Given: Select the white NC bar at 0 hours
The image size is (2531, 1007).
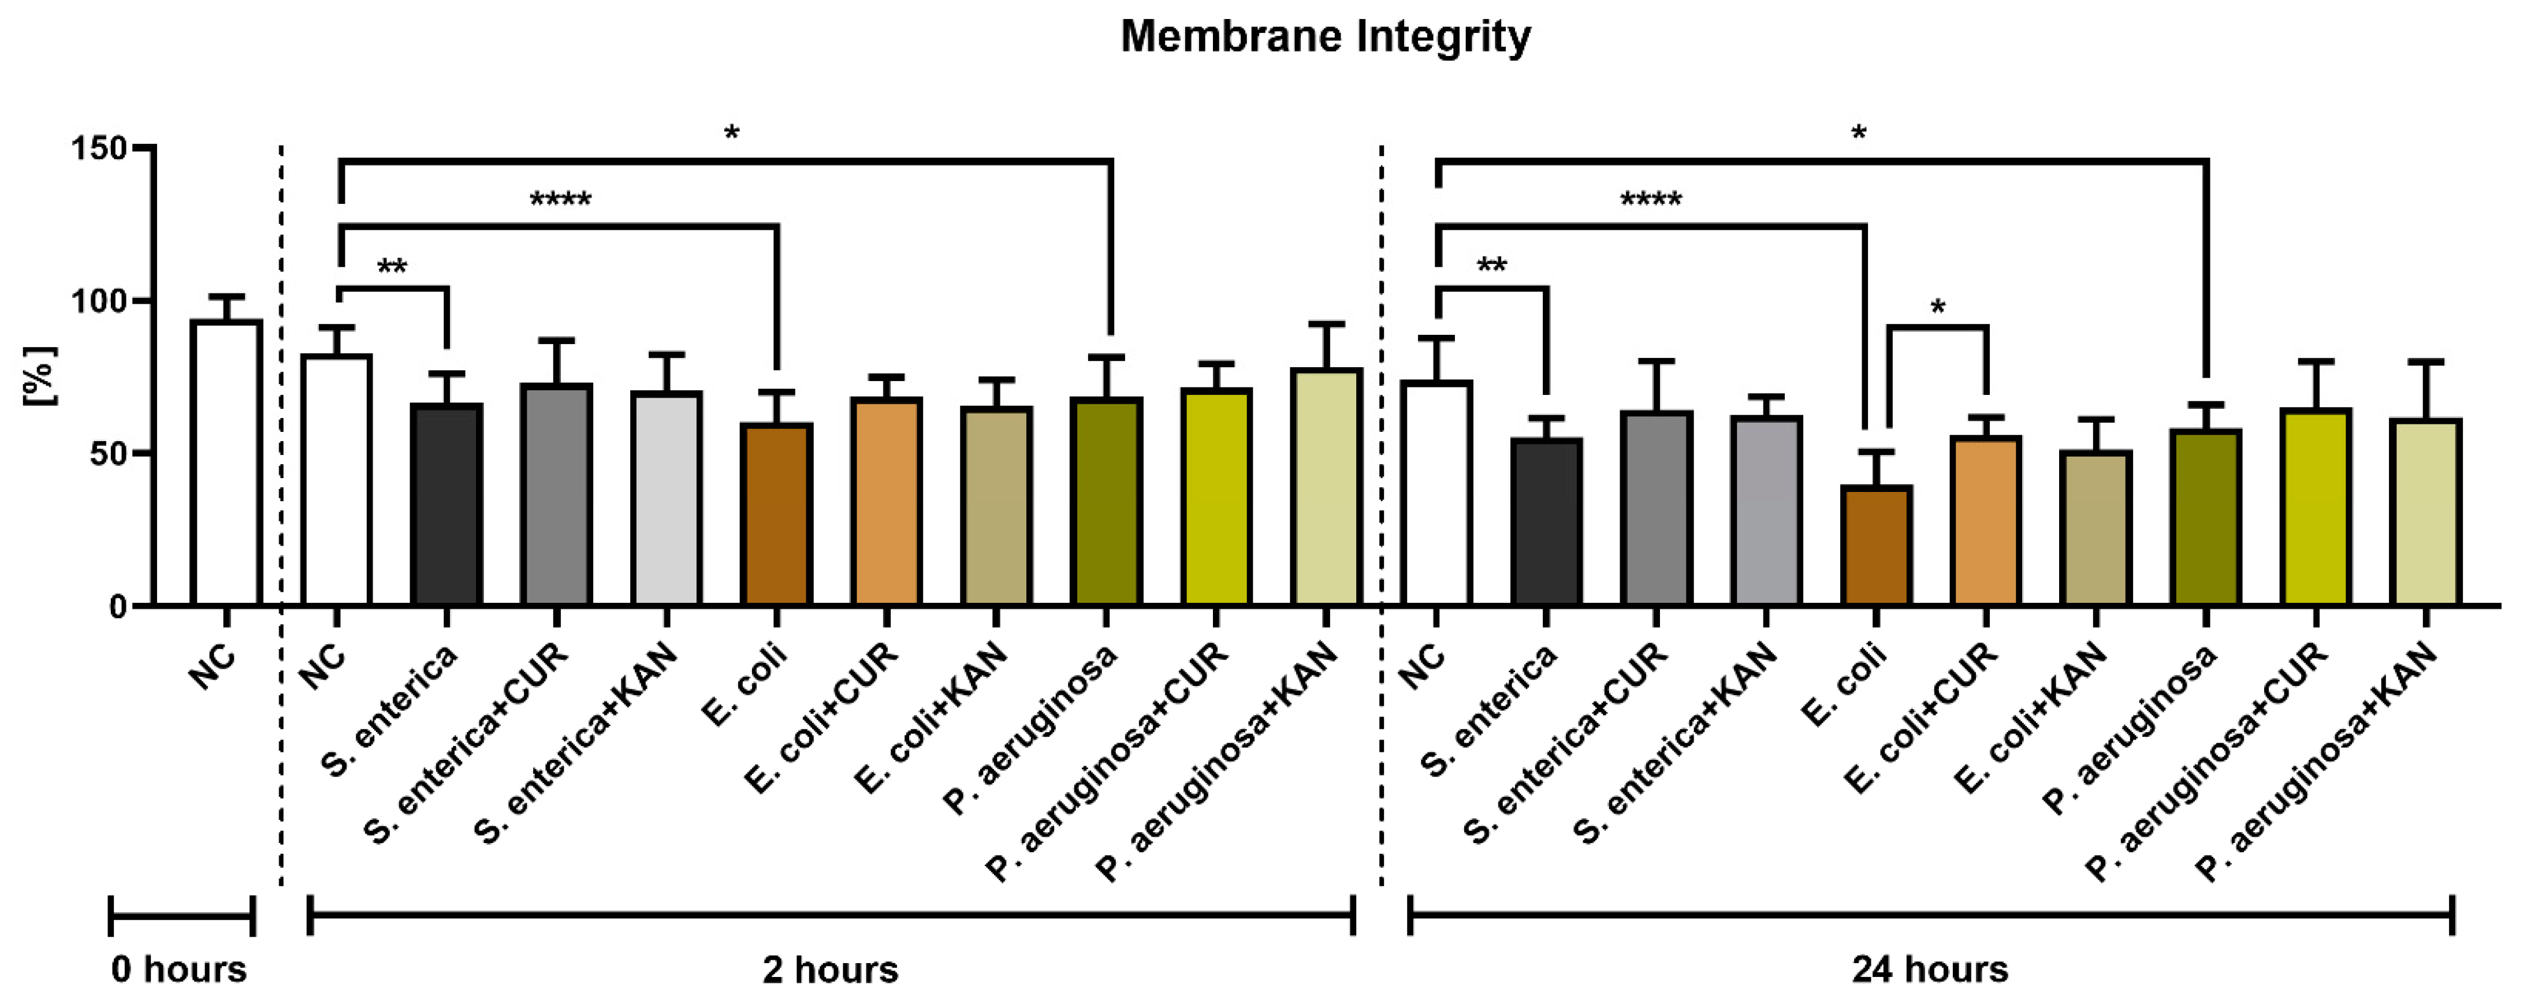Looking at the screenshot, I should pos(226,462).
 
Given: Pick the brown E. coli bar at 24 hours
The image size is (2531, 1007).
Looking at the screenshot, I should pos(1875,545).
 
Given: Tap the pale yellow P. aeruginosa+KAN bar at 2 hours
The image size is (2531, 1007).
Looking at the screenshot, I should pos(1326,486).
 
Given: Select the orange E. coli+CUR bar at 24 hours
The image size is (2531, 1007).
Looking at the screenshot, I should pos(1986,521).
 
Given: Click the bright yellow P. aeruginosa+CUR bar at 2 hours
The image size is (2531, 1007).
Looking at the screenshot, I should pos(1216,496).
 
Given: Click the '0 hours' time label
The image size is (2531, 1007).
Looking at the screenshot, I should pos(179,969).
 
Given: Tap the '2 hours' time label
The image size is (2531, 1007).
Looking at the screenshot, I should pos(830,969).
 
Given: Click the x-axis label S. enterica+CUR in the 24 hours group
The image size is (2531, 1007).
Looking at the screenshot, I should pos(1567,742).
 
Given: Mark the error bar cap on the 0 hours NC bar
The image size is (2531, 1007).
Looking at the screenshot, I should pos(226,296).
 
